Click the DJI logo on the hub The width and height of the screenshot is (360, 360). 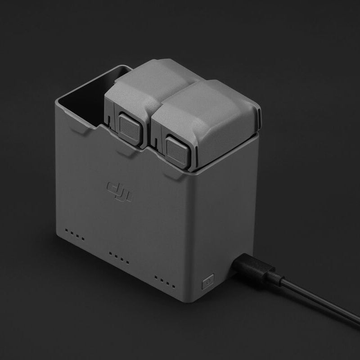(119, 192)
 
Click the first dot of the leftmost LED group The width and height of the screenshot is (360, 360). (67, 232)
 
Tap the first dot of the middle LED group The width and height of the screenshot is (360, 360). (111, 254)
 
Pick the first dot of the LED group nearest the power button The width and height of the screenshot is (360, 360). (156, 278)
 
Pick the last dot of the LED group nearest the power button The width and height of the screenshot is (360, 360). (173, 286)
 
